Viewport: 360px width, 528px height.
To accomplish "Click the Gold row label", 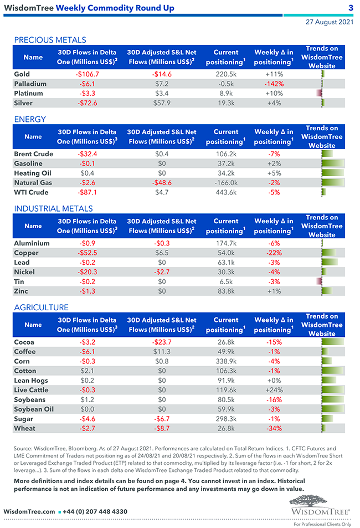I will point(22,74).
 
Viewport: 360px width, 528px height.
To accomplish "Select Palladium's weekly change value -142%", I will point(274,84).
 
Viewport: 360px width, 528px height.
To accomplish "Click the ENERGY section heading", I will point(30,119).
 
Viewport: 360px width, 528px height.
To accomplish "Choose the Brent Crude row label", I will point(33,154).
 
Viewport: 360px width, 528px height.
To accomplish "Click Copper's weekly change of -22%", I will point(274,253).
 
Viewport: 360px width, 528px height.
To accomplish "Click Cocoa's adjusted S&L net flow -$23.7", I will point(161,342).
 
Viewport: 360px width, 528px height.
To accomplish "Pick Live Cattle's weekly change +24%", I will point(274,390).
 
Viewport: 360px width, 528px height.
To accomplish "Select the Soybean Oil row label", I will point(34,409).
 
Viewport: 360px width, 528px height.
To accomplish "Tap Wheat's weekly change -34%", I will point(274,428).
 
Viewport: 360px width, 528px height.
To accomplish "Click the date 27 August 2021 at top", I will point(330,22).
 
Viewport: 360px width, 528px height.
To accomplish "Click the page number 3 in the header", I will point(351,8).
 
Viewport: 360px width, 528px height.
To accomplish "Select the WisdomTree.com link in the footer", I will point(29,511).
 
